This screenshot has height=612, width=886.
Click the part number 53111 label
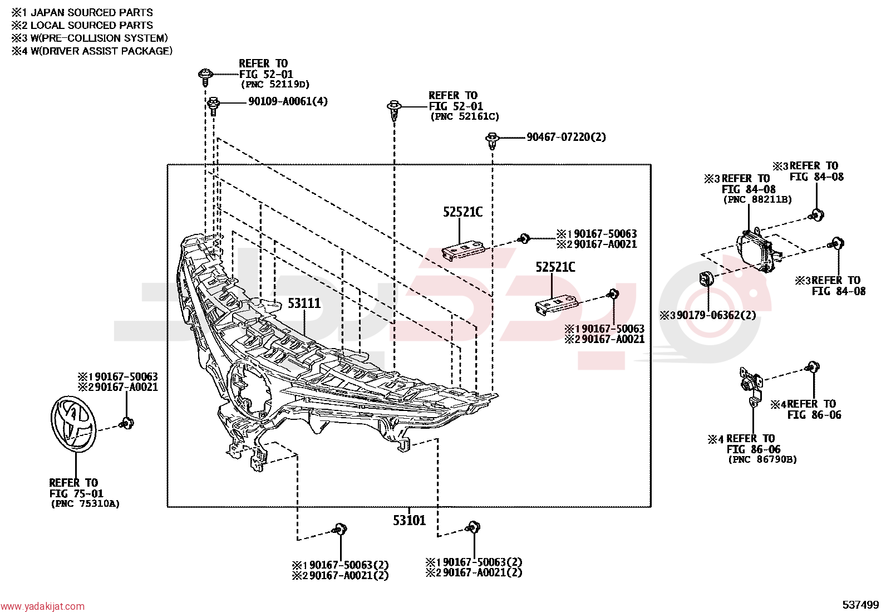pos(304,303)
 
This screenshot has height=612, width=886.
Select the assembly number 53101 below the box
pos(410,520)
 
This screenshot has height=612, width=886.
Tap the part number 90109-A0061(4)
pos(288,101)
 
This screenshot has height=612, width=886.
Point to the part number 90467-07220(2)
pos(566,137)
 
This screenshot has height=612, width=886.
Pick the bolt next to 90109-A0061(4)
pos(214,105)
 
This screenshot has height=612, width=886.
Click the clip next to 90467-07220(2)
pos(492,140)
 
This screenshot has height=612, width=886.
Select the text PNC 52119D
pos(275,84)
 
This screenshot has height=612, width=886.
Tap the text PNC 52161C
pos(465,116)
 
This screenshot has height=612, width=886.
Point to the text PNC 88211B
pos(758,199)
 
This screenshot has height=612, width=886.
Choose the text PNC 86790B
pos(762,459)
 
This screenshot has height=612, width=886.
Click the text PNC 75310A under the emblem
pos(86,503)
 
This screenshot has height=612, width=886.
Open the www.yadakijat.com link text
pos(43,606)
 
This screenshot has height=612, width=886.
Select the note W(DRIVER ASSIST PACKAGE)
pos(102,51)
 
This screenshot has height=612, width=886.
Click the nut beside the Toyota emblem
pos(126,423)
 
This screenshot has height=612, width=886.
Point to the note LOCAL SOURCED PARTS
pos(92,25)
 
